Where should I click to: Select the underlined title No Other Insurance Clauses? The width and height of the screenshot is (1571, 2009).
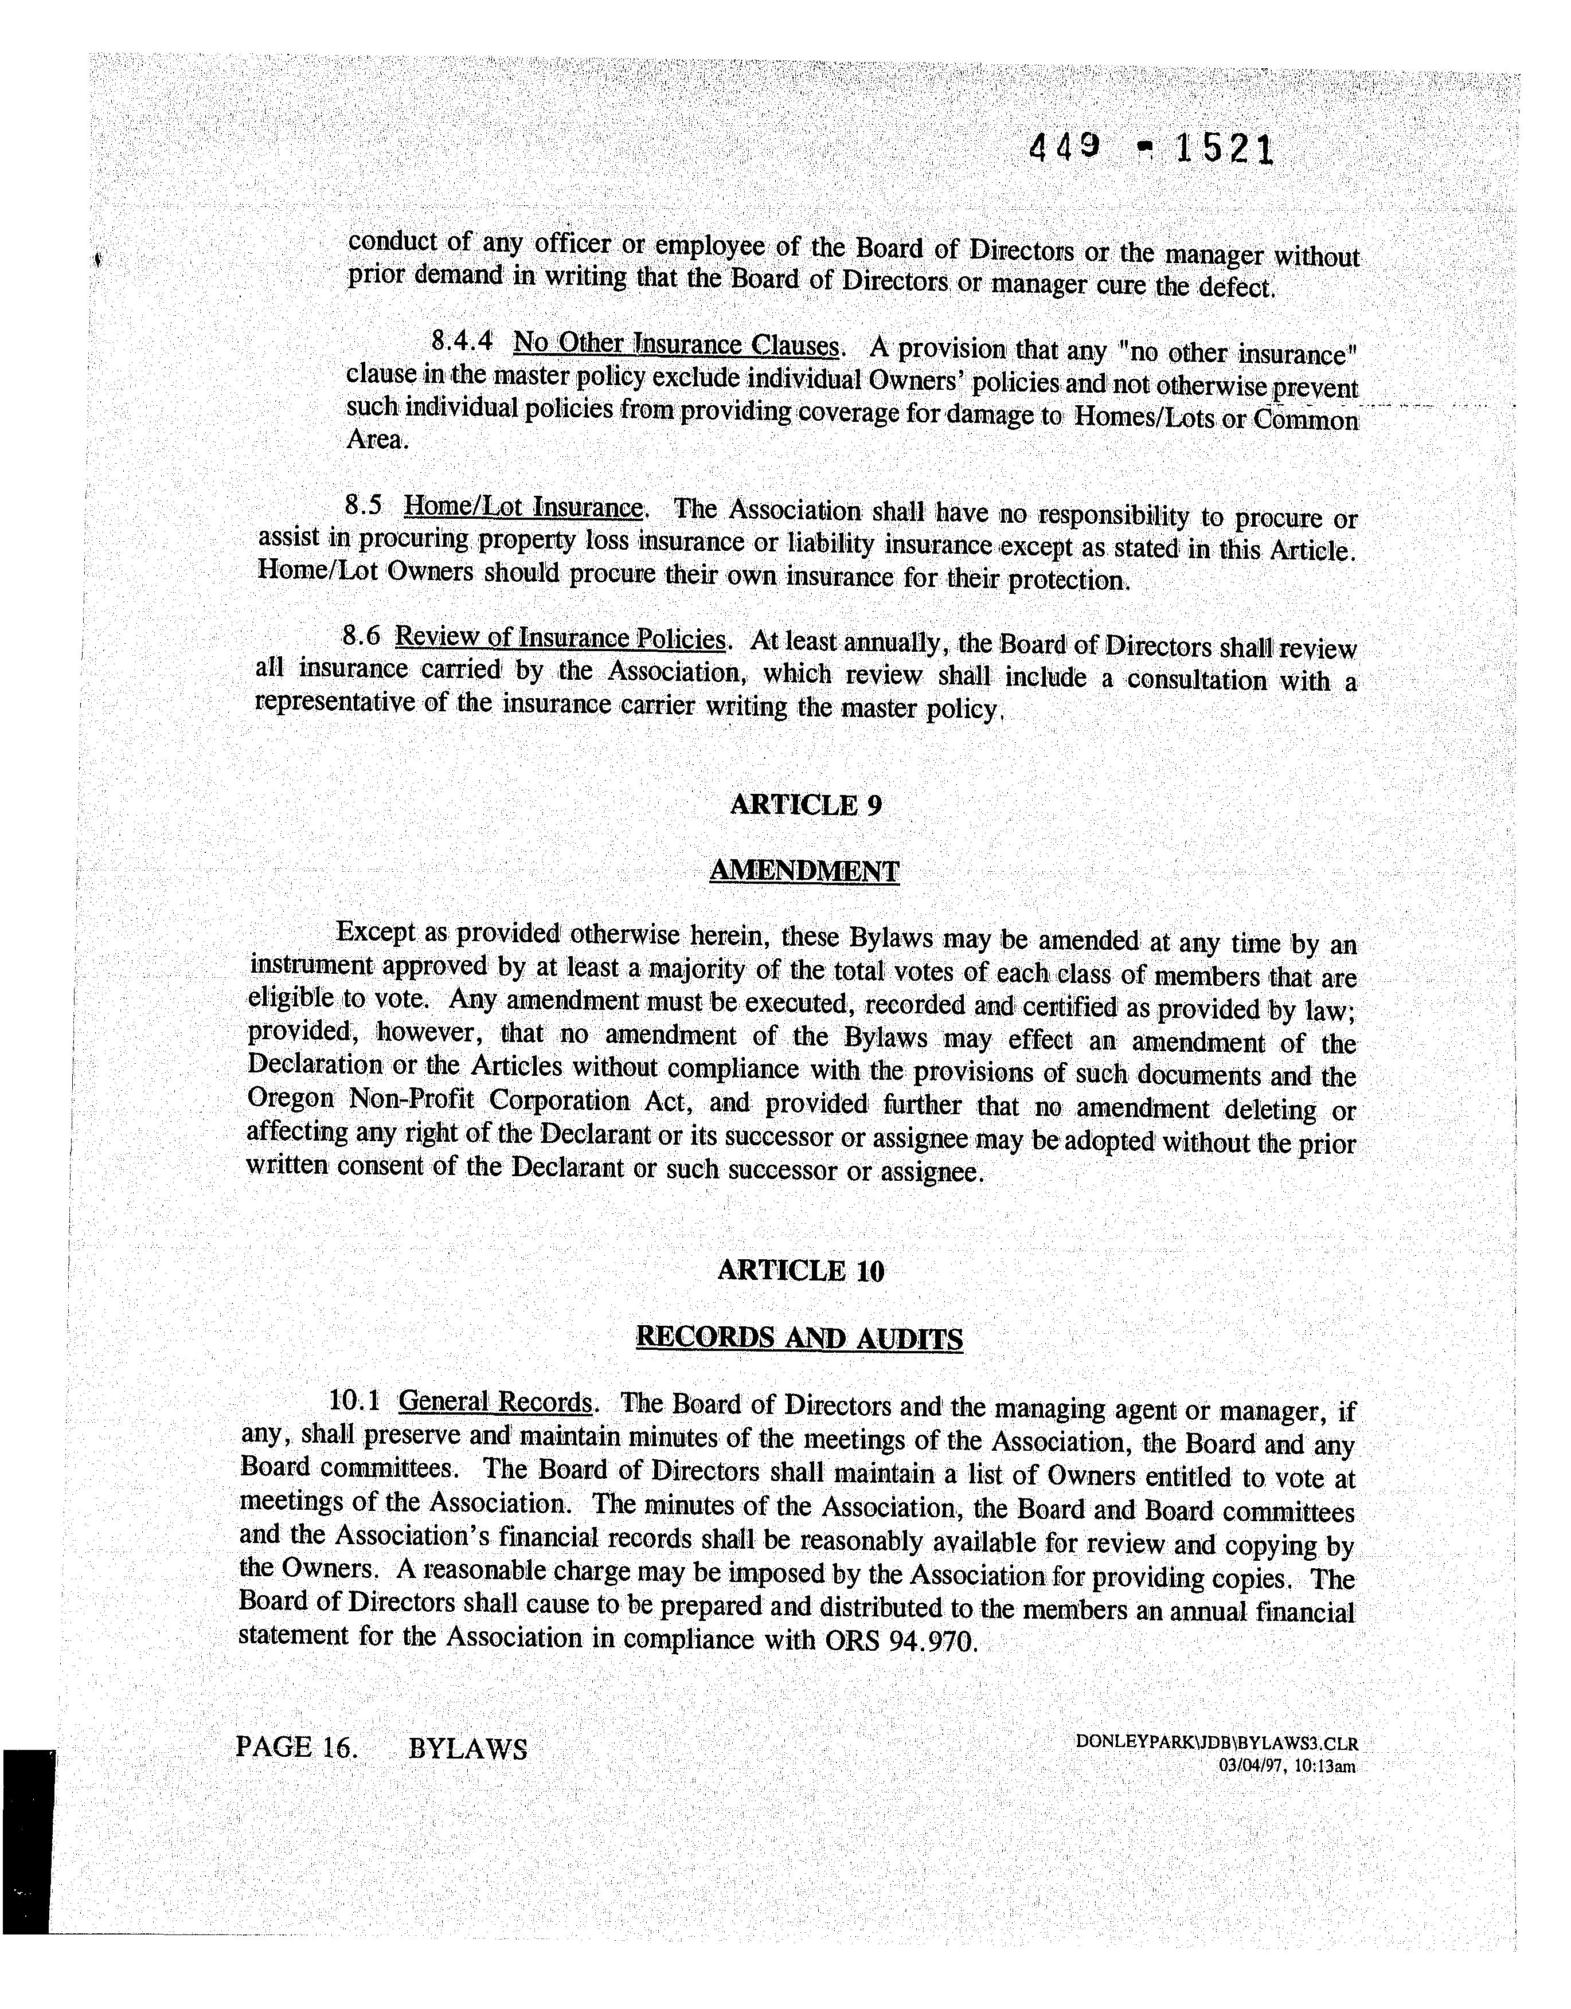[677, 345]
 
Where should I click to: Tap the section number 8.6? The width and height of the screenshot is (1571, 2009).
[361, 635]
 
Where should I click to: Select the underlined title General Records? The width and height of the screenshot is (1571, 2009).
[495, 1402]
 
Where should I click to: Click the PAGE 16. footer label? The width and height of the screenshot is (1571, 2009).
[295, 1747]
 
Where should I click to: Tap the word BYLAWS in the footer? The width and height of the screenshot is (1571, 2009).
[467, 1748]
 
